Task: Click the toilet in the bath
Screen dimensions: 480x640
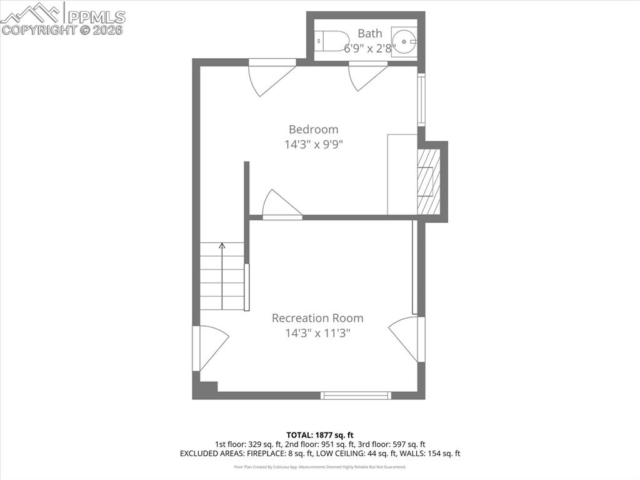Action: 333,41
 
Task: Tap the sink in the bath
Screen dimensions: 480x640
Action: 404,41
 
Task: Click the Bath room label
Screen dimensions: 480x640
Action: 369,34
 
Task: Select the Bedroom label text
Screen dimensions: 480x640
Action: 313,130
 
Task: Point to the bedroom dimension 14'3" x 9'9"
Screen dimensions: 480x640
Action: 313,145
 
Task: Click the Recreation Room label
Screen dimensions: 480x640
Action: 317,318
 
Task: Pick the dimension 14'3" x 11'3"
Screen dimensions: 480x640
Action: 317,333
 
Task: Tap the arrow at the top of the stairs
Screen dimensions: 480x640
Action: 222,247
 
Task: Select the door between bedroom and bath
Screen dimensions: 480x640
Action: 367,75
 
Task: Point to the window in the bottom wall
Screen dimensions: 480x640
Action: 356,396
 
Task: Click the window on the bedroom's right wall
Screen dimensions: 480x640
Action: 421,100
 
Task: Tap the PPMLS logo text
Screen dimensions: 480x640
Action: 96,17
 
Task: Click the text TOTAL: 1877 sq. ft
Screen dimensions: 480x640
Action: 320,434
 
